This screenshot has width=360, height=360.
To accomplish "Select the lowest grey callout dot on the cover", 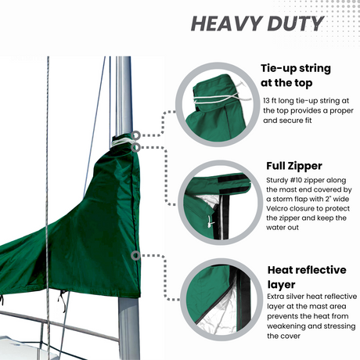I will pos(135,255).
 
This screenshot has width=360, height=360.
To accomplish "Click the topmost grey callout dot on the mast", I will pos(137,135).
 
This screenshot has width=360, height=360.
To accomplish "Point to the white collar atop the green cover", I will pos(122,142).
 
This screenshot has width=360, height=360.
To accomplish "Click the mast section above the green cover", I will pos(123,94).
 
